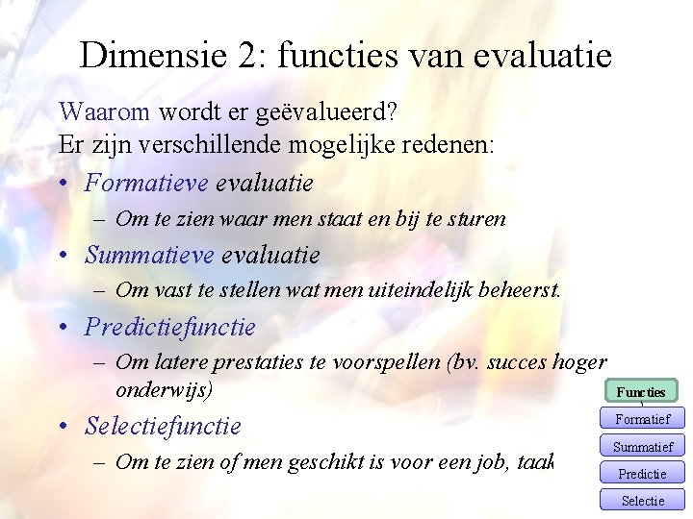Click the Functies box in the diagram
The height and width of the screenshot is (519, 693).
pos(641,391)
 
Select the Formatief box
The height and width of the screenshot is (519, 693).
pos(642,418)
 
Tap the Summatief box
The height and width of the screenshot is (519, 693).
pos(642,446)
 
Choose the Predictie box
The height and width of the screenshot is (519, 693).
pos(642,473)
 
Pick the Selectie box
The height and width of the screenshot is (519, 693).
pos(642,500)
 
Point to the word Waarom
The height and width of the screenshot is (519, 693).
pos(104,112)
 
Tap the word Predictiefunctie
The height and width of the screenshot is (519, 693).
pos(169,327)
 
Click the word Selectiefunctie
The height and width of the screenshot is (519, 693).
pos(163,425)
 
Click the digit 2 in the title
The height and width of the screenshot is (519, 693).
pos(244,55)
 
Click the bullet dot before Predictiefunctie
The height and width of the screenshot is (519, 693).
pos(64,328)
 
